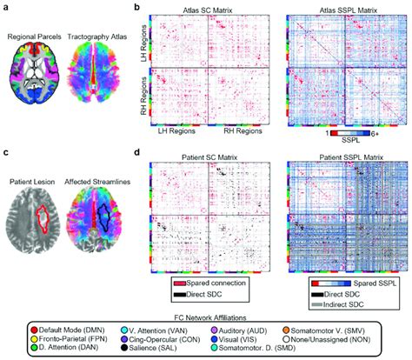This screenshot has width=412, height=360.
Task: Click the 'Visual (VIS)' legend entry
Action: pos(262,342)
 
